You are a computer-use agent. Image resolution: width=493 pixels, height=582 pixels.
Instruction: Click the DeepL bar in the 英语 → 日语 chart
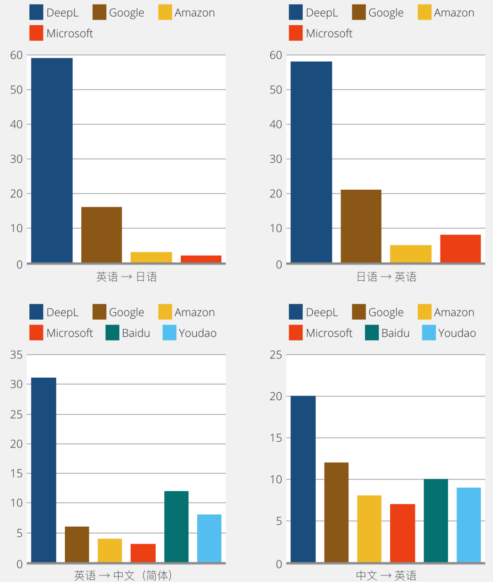pos(52,160)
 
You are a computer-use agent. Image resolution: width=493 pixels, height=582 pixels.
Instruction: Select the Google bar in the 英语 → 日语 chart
pos(101,235)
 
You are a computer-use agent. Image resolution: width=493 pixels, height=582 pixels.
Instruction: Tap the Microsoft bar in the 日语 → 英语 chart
pos(460,248)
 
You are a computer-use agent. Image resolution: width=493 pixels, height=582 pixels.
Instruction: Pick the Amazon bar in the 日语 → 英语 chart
pos(410,254)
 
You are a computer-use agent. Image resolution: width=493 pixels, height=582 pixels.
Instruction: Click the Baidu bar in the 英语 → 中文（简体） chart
pos(176,526)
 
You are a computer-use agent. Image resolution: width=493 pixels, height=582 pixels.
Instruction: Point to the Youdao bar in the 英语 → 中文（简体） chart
pos(209,538)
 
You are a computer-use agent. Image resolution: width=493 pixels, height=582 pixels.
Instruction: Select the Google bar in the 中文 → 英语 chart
pos(336,512)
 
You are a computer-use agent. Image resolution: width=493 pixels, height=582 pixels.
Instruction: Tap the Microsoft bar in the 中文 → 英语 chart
pos(402,533)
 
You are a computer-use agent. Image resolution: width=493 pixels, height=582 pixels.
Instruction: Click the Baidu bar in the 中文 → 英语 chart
pos(435,520)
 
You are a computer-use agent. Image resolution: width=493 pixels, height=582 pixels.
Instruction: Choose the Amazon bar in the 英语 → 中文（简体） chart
pos(110,550)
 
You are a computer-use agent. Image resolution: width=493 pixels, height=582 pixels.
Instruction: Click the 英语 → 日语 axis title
pos(126,277)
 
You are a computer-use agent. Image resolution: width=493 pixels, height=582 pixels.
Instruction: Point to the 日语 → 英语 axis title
pos(386,277)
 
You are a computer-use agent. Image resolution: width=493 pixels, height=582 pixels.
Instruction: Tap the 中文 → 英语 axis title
pos(386,575)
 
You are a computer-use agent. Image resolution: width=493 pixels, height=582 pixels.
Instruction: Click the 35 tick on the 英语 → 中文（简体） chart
pos(16,355)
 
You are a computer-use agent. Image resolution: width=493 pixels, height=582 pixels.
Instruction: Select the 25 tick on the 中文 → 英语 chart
pos(276,355)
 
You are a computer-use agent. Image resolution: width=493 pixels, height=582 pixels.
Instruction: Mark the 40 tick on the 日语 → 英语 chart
pos(276,124)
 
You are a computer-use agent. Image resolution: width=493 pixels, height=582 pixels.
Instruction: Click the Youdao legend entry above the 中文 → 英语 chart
pos(449,333)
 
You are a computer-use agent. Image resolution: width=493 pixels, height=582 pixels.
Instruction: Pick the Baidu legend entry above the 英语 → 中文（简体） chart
pos(128,333)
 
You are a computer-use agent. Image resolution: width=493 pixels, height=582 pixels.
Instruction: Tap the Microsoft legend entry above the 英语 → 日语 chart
pos(61,33)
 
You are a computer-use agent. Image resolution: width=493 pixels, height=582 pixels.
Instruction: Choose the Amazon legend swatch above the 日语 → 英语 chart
pos(425,12)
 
